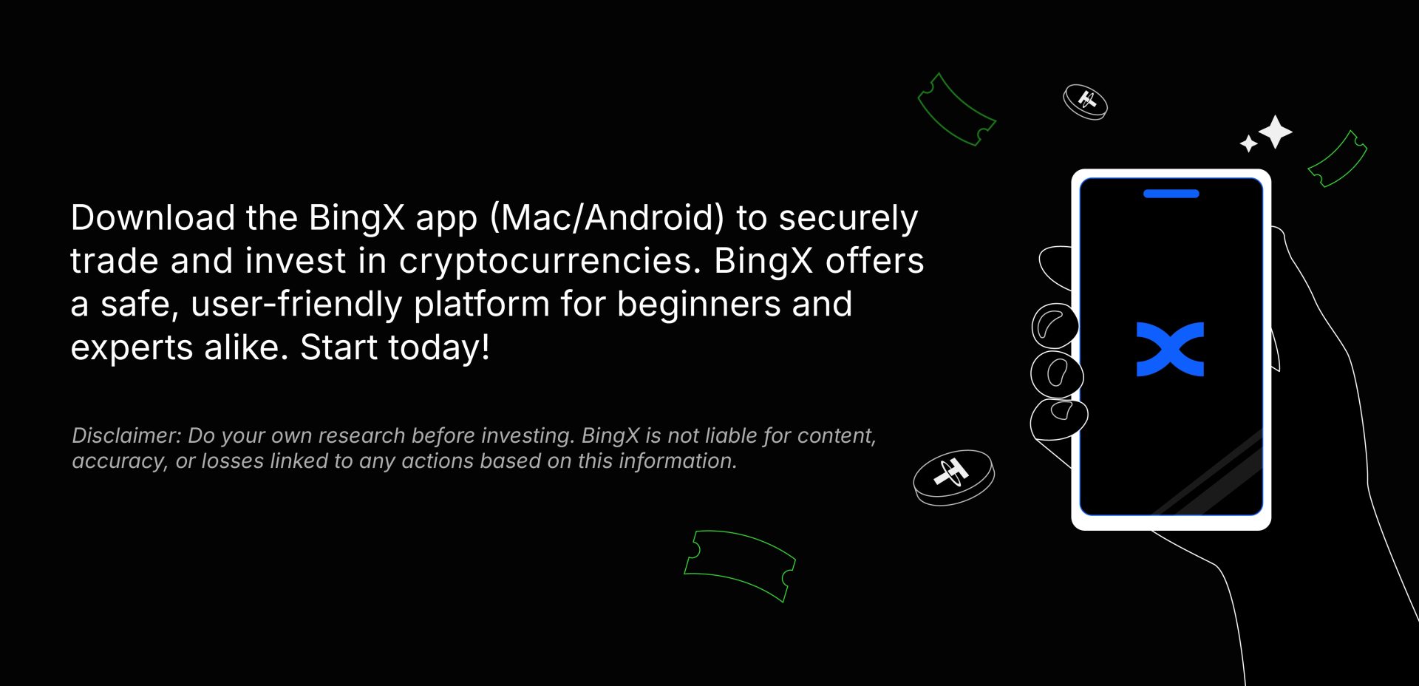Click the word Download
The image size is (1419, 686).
[153, 217]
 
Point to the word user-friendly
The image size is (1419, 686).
[296, 305]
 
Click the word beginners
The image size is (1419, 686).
[698, 305]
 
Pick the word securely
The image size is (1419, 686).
[848, 219]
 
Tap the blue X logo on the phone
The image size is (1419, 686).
[1170, 349]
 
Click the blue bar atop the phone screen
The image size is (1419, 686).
[1171, 194]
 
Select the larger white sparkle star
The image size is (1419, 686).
[1275, 132]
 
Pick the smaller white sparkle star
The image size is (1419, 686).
[1248, 143]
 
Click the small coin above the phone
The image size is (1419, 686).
[1085, 102]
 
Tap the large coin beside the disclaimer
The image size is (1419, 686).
[953, 478]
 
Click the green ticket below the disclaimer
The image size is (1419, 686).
[739, 565]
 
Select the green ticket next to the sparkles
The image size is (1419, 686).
[1337, 159]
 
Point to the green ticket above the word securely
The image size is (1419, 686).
[956, 109]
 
